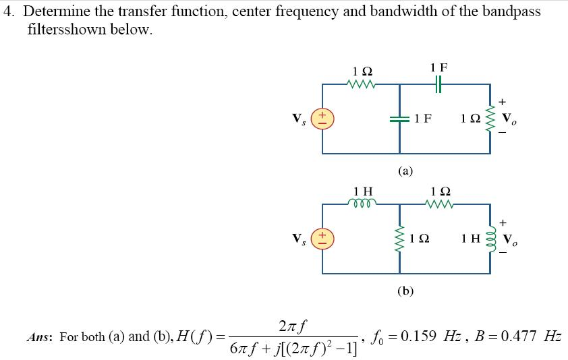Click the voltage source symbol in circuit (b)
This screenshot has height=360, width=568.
coord(322,239)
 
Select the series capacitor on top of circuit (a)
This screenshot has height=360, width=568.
coord(438,84)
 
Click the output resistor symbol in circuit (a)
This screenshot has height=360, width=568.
coord(490,119)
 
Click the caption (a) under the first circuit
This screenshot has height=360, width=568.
coord(405,171)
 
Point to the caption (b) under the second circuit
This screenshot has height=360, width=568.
coord(405,291)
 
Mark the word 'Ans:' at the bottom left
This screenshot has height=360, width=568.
coord(40,337)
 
